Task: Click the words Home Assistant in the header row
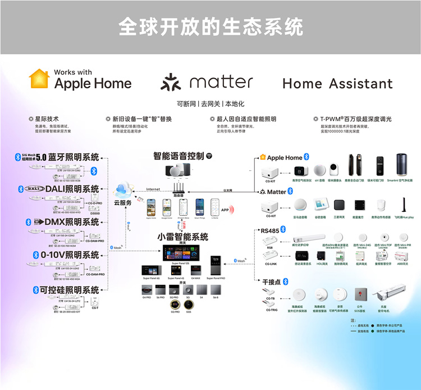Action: pyautogui.click(x=337, y=84)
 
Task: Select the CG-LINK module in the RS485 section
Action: pyautogui.click(x=271, y=256)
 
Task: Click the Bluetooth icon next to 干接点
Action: pyautogui.click(x=285, y=281)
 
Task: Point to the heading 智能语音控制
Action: pyautogui.click(x=179, y=156)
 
